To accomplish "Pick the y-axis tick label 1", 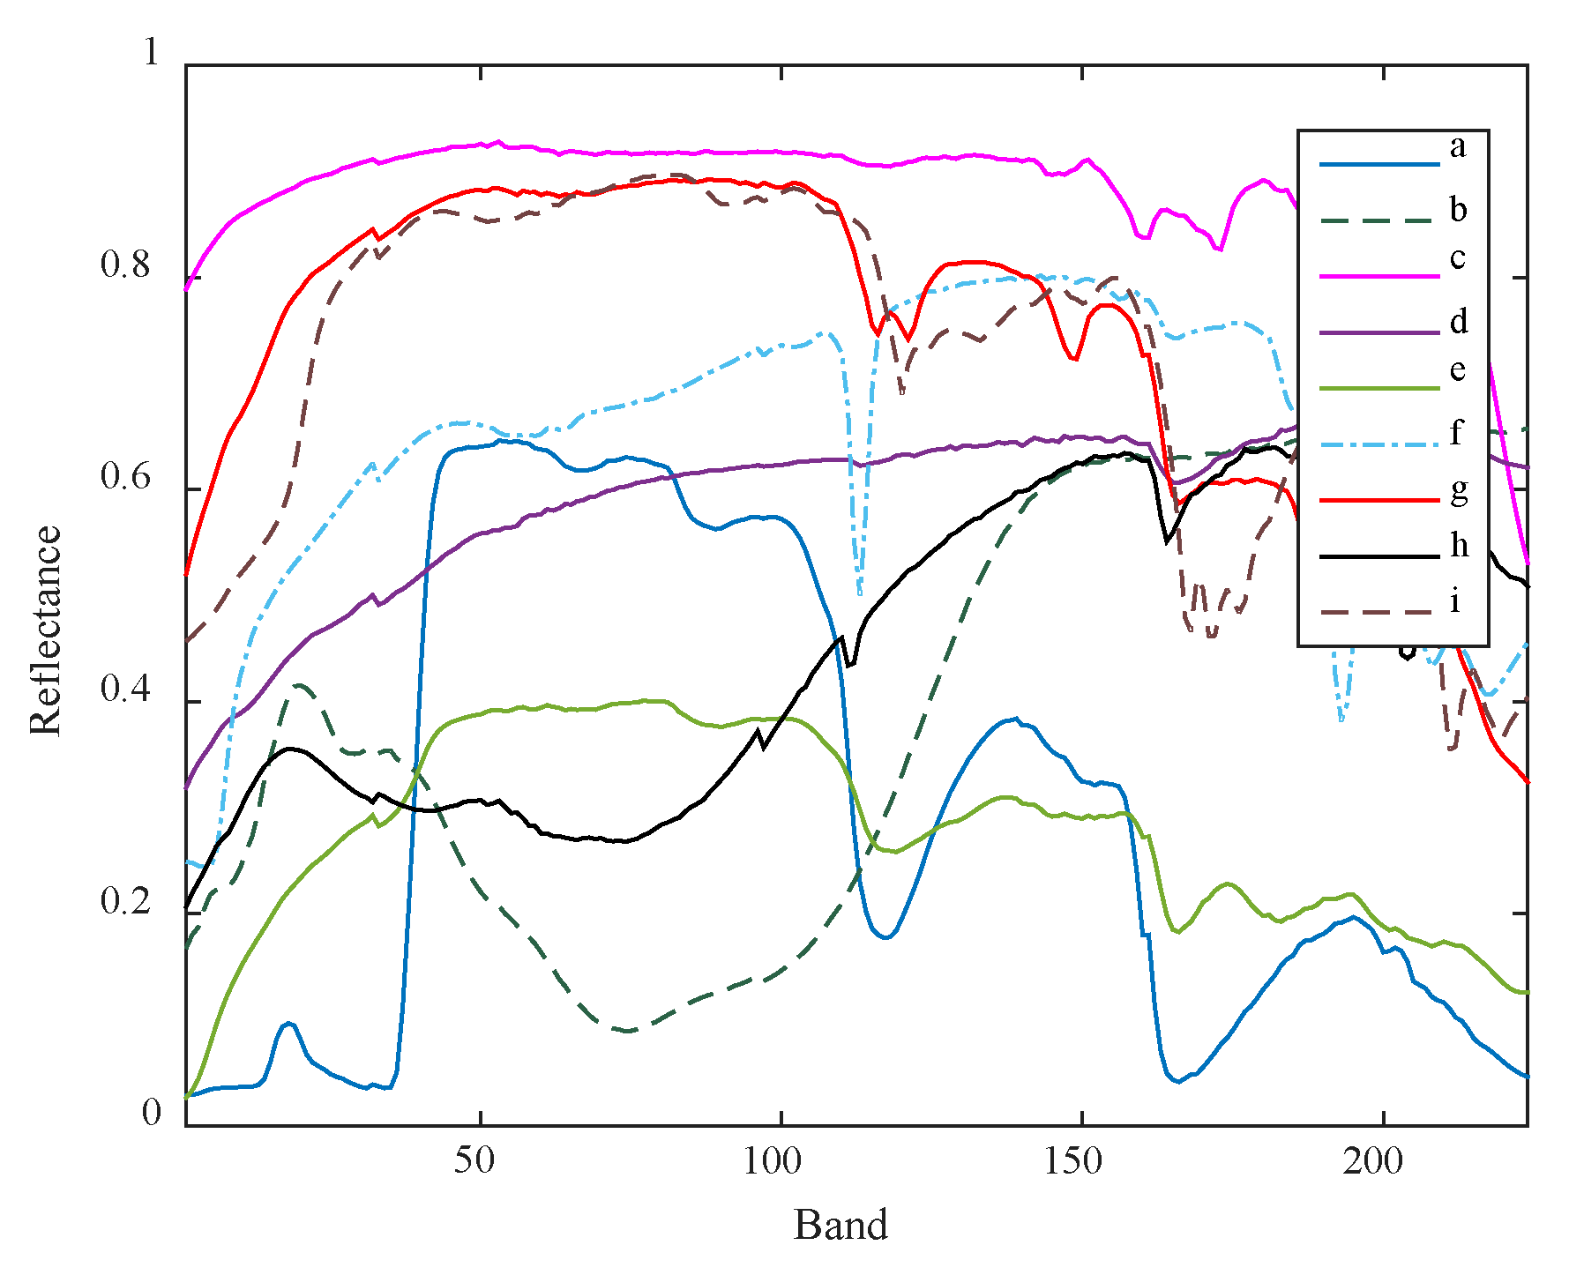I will (151, 53).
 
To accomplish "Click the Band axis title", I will (840, 1225).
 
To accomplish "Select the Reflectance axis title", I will (46, 630).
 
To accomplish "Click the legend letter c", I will (1457, 257).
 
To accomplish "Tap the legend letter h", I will (1459, 545).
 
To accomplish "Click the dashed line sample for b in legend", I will (1378, 220).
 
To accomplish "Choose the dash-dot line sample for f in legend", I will (1378, 444).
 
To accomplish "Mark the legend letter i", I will (1455, 600).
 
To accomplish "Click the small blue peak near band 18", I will (288, 1023).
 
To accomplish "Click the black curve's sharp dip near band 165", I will (1167, 541).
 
